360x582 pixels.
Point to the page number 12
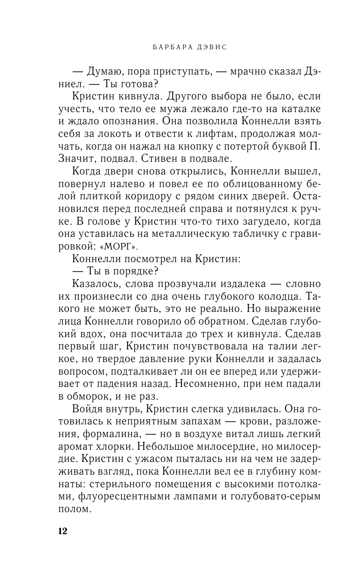point(62,531)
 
